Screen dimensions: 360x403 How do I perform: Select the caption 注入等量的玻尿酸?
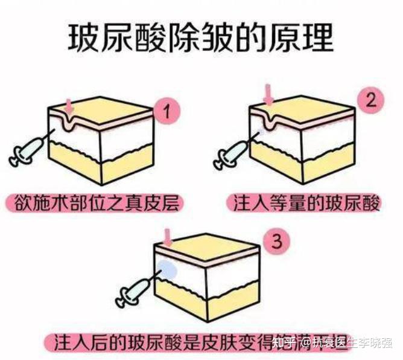tap(307, 202)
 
